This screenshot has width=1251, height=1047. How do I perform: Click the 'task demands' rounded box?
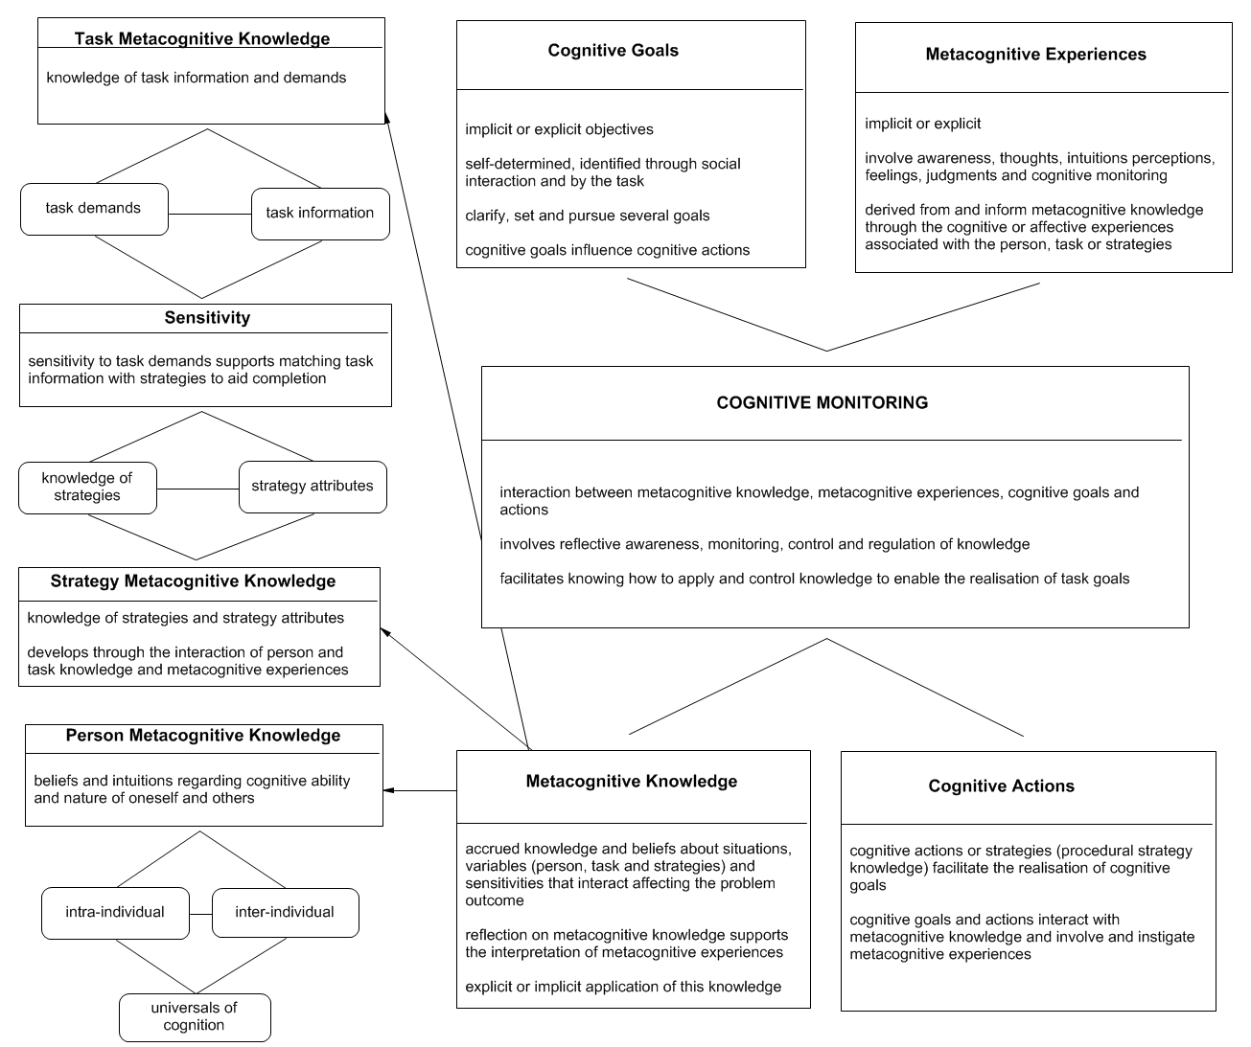(x=94, y=209)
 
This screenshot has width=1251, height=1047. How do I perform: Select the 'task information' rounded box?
(x=320, y=214)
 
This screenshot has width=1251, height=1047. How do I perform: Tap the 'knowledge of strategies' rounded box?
(x=87, y=487)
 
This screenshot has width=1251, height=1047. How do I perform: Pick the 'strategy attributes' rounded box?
(x=313, y=486)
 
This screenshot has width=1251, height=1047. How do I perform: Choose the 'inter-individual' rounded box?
(x=285, y=912)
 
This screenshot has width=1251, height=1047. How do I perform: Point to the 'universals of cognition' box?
(x=195, y=1016)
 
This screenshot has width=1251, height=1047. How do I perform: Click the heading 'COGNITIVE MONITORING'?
(x=822, y=403)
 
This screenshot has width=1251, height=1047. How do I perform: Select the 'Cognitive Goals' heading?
(x=613, y=51)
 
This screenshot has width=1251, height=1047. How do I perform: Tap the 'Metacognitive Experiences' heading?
(x=1035, y=55)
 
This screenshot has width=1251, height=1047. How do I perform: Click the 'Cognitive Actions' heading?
(x=1001, y=786)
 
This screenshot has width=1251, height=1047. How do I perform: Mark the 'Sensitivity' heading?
(x=207, y=318)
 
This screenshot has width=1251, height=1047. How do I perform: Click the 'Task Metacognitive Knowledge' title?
(x=202, y=39)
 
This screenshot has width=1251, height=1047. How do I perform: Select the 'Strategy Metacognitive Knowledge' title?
(x=194, y=581)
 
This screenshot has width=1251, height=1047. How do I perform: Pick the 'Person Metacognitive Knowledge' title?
(x=203, y=736)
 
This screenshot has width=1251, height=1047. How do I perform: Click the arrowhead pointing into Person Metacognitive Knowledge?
(x=388, y=790)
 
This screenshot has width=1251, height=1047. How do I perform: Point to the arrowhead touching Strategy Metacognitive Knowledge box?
(x=385, y=631)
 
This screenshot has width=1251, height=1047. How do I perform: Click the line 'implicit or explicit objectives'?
(x=560, y=129)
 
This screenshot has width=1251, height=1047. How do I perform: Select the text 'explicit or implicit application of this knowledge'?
(x=623, y=987)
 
